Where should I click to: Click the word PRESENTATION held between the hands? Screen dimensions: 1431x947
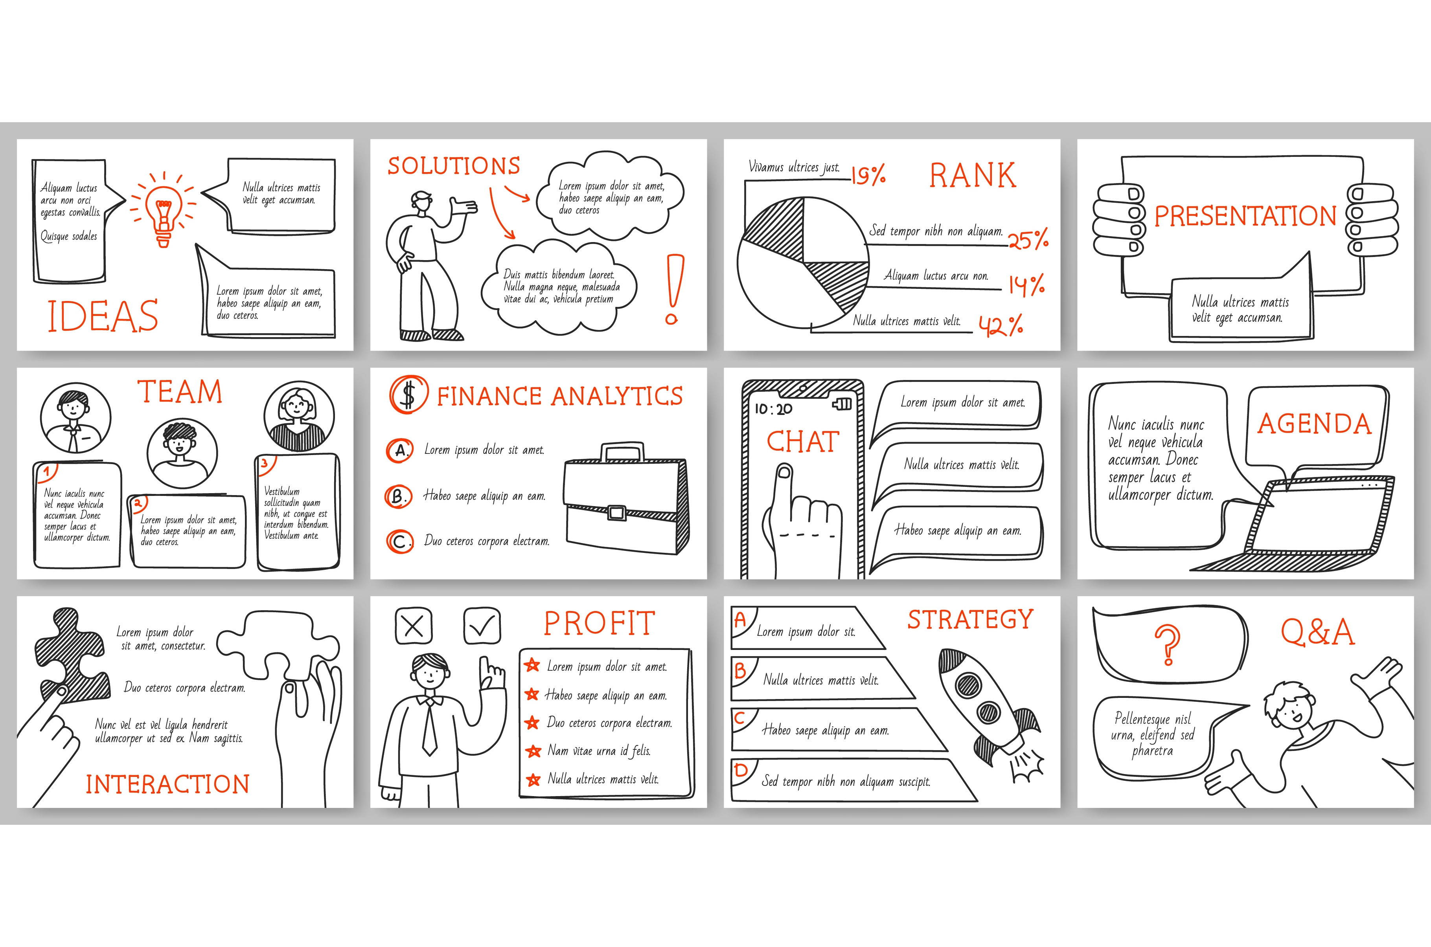click(x=1245, y=216)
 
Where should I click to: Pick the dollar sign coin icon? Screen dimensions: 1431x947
click(x=408, y=395)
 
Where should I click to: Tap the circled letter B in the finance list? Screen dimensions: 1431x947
click(x=399, y=496)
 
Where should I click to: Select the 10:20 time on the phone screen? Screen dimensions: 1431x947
click(x=773, y=409)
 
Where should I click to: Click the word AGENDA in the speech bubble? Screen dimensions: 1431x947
click(x=1314, y=424)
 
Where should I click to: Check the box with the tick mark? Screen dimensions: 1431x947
click(x=482, y=626)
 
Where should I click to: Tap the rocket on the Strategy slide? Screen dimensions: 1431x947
click(x=990, y=713)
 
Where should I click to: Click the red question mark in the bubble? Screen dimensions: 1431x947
click(x=1168, y=645)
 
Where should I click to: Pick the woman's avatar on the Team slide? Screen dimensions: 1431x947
click(x=299, y=417)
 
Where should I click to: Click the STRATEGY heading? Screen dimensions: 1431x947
click(x=970, y=620)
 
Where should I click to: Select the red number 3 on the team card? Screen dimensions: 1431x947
click(x=264, y=463)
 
